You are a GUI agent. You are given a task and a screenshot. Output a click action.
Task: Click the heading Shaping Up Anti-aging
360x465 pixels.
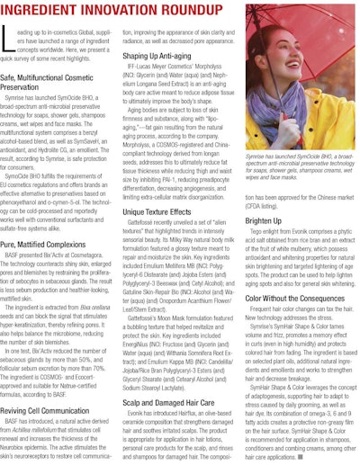pyautogui.click(x=163, y=56)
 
